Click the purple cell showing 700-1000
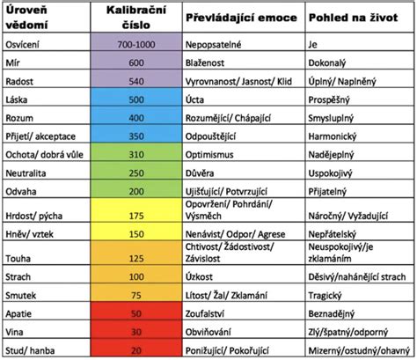click(x=136, y=41)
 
